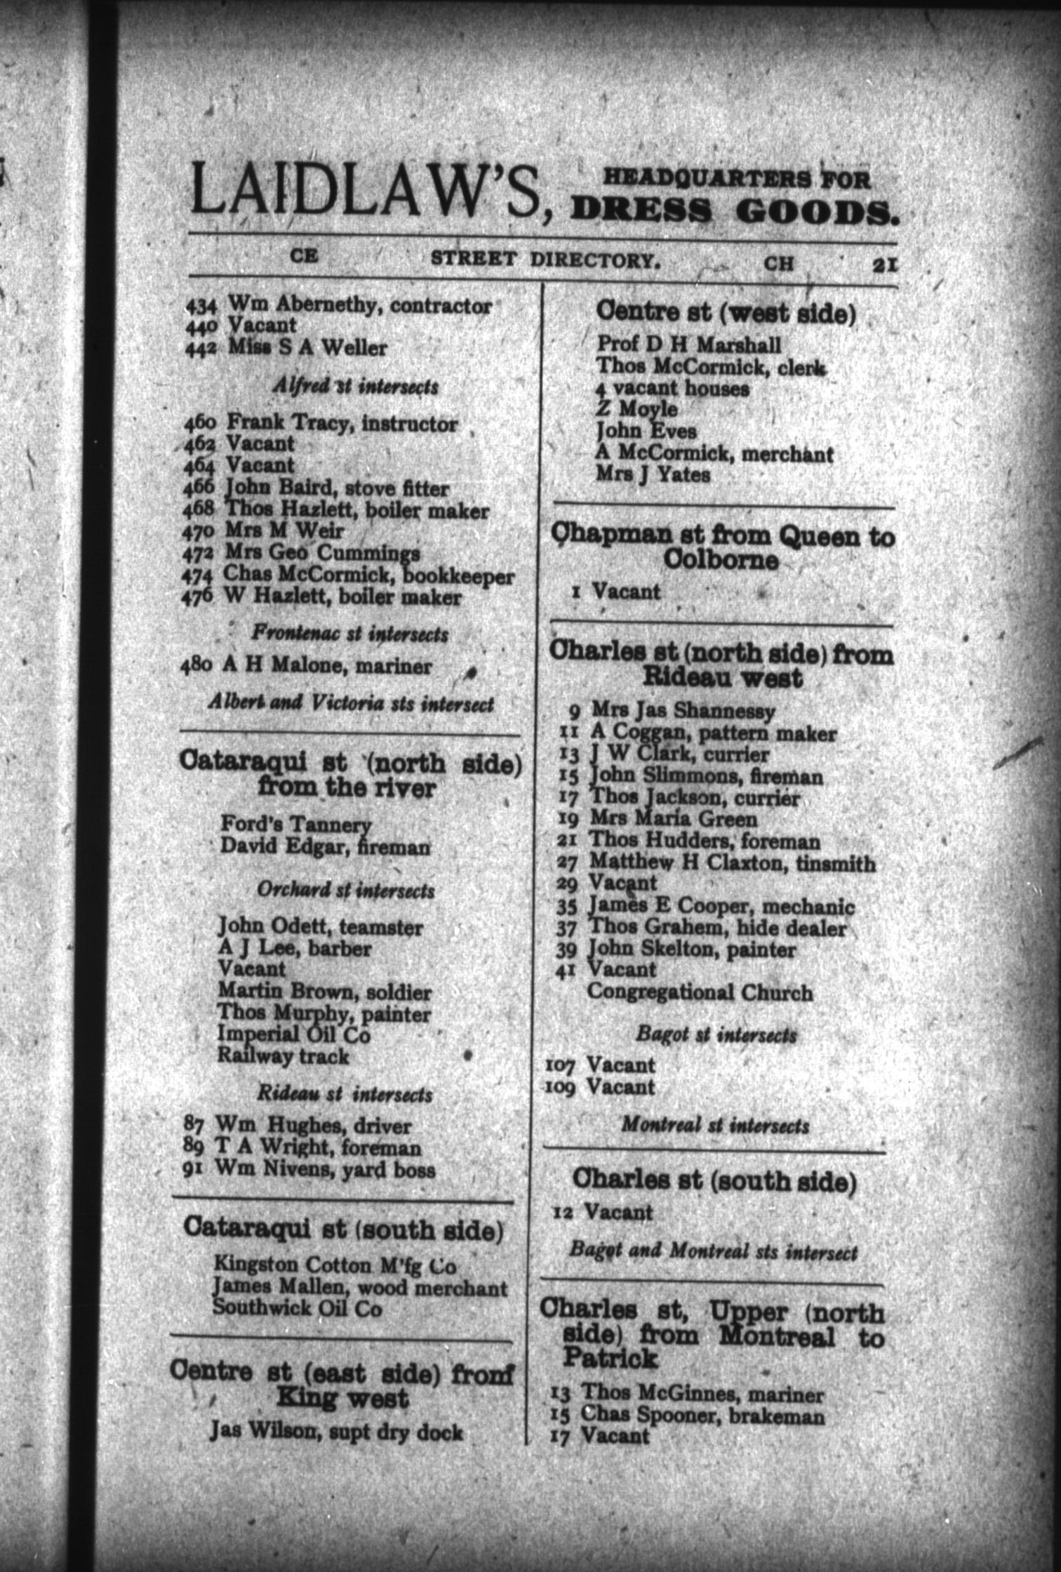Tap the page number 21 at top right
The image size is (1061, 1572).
885,265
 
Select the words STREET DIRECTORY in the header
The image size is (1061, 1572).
545,259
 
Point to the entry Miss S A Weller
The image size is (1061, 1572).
307,347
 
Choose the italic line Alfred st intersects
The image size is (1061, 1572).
355,385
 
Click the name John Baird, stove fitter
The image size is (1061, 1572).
336,488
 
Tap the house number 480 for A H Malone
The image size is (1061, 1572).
196,665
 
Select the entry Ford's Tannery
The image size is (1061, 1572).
295,824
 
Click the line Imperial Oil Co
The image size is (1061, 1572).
293,1034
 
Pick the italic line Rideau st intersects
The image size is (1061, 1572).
345,1094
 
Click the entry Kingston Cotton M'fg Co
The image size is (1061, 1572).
335,1265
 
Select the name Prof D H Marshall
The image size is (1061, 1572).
688,344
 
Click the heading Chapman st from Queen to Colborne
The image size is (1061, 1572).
722,547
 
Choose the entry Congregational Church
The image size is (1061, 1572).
700,992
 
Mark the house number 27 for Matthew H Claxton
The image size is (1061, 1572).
566,862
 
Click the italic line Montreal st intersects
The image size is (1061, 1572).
715,1126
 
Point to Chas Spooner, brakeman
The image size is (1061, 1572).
702,1416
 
